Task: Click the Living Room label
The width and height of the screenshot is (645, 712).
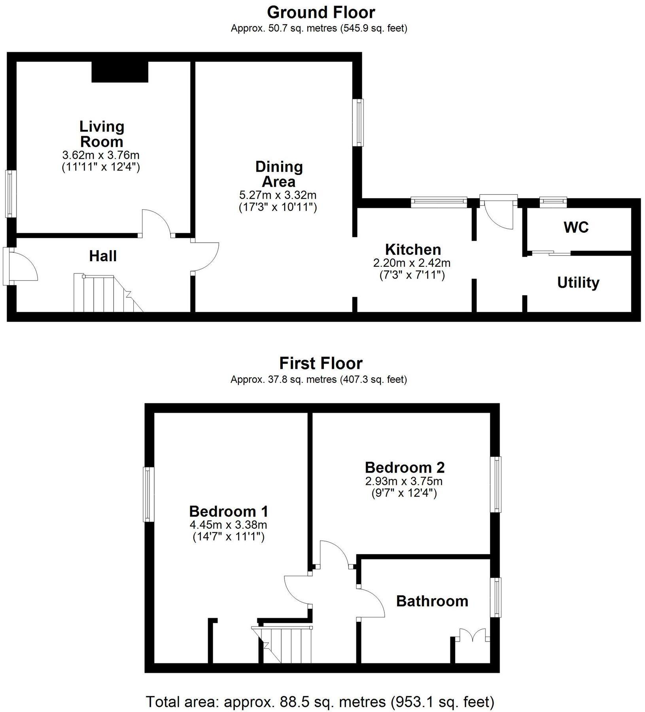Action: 102,134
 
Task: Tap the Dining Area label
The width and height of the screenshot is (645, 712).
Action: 279,174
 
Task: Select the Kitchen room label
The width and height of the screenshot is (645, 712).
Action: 413,250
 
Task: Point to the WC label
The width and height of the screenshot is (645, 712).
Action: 576,228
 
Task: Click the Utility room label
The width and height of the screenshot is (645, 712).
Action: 578,283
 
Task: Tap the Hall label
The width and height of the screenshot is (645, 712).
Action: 103,256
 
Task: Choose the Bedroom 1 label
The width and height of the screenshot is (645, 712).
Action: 229,511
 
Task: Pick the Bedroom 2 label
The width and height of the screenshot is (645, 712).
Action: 405,467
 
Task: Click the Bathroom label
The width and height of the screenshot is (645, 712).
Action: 432,601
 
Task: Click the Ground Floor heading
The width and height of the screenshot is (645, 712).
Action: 321,13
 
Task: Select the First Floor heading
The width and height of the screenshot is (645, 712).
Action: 321,363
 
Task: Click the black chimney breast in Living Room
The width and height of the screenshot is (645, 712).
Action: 120,72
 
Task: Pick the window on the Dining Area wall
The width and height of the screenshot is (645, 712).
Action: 358,122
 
